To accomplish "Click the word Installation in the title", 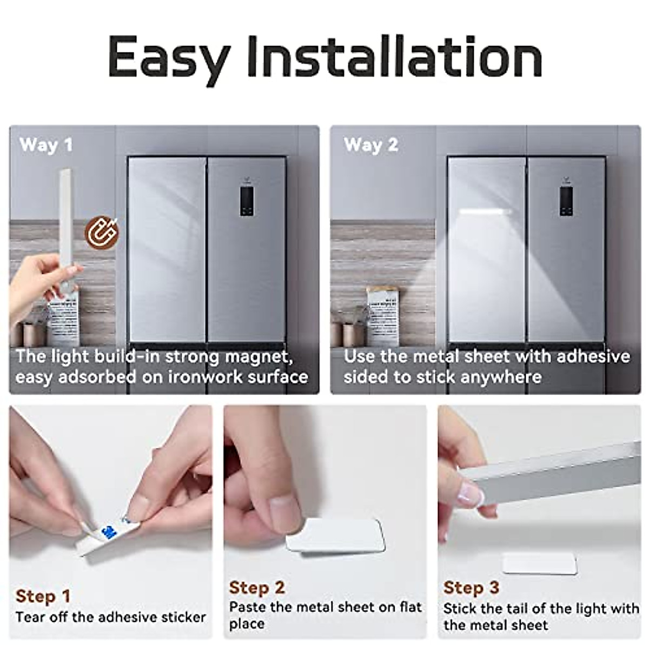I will click(395, 57).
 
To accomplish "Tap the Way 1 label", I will click(45, 145).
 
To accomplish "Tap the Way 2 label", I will click(370, 145).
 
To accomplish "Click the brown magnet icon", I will click(101, 231).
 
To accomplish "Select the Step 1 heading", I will click(43, 597).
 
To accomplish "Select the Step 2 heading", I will click(257, 587).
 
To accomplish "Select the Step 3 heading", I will click(471, 587).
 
